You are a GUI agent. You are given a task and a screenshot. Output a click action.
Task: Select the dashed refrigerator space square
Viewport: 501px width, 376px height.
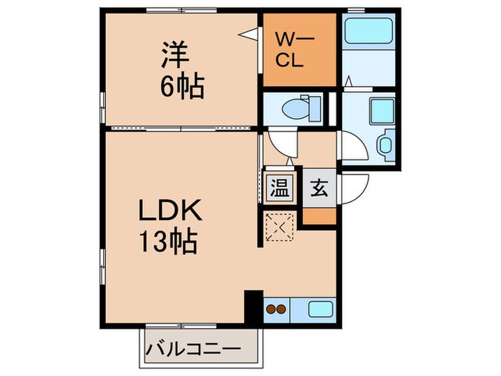279,228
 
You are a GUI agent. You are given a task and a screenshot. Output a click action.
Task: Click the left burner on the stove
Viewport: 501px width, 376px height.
271,310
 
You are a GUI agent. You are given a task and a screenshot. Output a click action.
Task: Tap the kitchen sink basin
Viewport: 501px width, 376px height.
319,310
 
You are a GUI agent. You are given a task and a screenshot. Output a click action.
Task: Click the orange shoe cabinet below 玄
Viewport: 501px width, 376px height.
318,215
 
